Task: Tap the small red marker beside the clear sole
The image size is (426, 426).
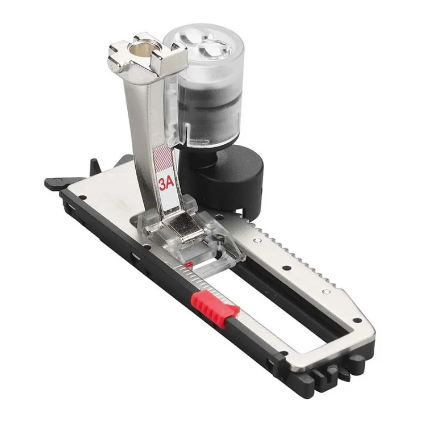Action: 188,265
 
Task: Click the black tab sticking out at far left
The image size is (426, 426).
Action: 54,183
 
